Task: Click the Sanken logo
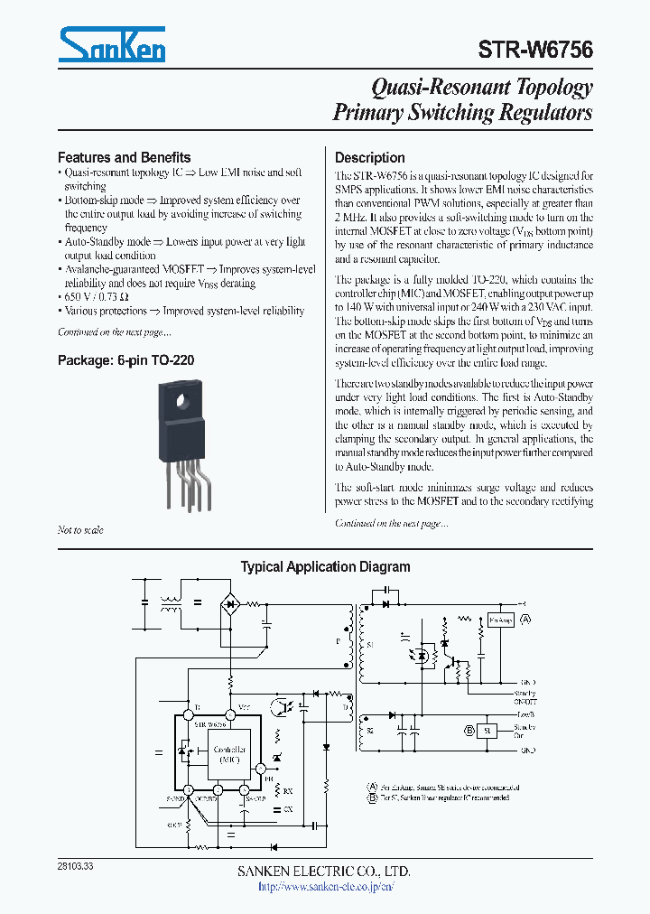[x=111, y=44]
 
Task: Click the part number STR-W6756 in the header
[x=535, y=50]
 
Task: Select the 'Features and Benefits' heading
[x=124, y=156]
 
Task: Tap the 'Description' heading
[x=369, y=157]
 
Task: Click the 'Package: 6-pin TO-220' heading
[x=125, y=359]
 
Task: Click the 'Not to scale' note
[x=80, y=530]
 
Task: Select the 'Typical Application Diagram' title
[x=325, y=567]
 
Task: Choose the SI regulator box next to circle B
[x=487, y=731]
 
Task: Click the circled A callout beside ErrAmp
[x=525, y=620]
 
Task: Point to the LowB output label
[x=526, y=713]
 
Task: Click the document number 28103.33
[x=75, y=865]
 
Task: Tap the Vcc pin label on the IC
[x=244, y=707]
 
